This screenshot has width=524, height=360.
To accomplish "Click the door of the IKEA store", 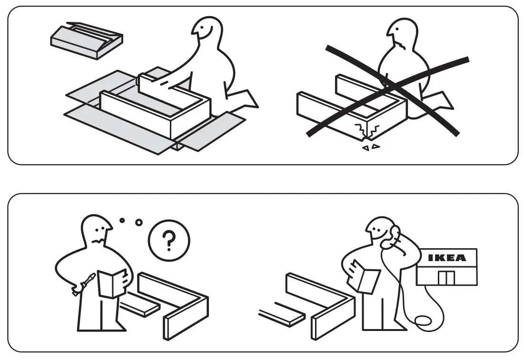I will (446, 278).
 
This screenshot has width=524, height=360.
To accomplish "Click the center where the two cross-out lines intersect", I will (389, 86).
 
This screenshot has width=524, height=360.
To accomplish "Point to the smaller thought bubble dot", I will (122, 220).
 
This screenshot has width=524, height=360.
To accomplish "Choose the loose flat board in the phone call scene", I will (283, 317).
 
